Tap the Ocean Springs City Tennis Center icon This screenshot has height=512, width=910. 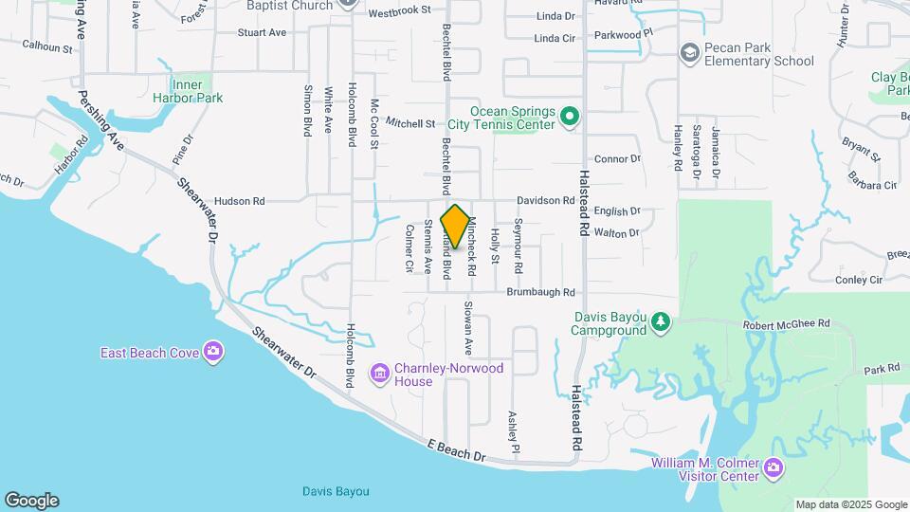(x=569, y=118)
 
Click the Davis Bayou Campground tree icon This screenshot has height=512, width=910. (x=661, y=323)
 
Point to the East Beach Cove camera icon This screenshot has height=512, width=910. (x=213, y=353)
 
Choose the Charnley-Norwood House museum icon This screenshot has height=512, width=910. (x=380, y=375)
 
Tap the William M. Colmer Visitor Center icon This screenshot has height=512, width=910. (x=773, y=467)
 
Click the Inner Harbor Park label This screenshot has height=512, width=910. (x=187, y=91)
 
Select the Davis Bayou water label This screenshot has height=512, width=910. (x=336, y=491)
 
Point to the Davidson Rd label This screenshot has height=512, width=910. (x=545, y=201)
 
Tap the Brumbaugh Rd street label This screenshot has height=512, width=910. (x=540, y=292)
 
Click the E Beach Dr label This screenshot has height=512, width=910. (x=456, y=450)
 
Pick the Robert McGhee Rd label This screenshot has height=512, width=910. (x=788, y=323)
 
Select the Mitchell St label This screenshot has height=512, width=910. (x=409, y=123)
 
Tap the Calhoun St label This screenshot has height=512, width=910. (x=47, y=46)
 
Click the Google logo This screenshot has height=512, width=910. (x=31, y=500)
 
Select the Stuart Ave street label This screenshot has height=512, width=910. (x=262, y=32)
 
